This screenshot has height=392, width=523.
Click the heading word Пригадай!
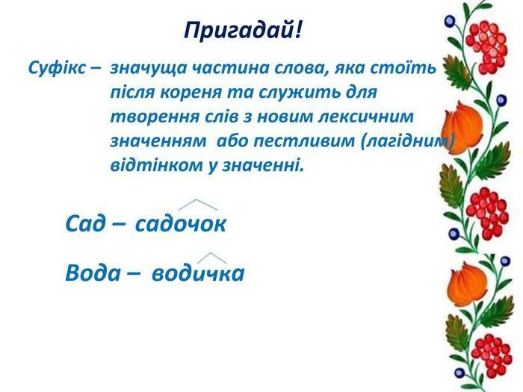pos(243,31)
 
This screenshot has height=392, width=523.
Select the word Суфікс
pos(57,69)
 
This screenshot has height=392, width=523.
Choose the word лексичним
pos(365,116)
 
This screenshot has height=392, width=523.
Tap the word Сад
pos(85,223)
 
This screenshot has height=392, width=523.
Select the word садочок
pos(181,224)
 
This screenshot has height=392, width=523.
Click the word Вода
pos(93,273)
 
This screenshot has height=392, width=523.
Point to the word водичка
pos(198,273)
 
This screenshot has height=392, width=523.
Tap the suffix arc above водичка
pos(211,254)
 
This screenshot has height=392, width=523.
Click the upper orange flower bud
pos(462,128)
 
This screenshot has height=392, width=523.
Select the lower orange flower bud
pos(464,283)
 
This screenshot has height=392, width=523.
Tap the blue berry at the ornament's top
pos(450,22)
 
